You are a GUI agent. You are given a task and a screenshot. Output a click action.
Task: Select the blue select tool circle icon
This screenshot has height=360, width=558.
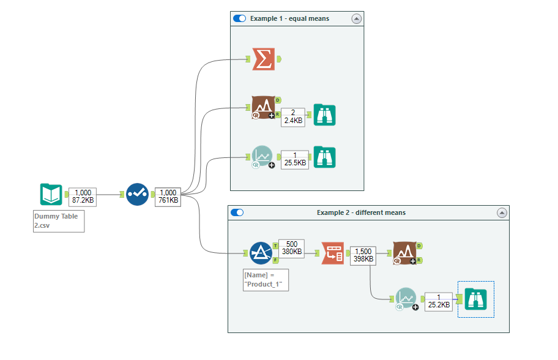(x=137, y=194)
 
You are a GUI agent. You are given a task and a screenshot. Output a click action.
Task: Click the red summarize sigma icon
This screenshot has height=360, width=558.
(x=263, y=59)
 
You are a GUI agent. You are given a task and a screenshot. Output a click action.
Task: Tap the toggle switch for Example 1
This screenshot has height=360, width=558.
(x=239, y=19)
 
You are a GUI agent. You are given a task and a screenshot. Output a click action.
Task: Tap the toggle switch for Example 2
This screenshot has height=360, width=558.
(x=237, y=212)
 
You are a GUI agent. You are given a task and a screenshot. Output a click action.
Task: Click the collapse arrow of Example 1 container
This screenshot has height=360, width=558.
(x=356, y=19)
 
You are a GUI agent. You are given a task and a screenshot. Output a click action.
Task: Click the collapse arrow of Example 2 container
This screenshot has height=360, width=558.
(x=502, y=212)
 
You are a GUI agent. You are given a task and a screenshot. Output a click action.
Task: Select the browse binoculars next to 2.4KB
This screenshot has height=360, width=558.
(x=324, y=115)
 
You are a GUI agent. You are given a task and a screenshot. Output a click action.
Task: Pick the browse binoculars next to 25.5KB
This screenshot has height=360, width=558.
(x=324, y=157)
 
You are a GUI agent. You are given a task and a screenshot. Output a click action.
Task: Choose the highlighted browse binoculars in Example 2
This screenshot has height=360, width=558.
(x=475, y=299)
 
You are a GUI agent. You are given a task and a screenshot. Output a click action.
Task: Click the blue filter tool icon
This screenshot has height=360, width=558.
(x=261, y=253)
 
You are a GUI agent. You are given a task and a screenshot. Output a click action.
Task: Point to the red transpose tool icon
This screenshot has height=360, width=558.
(x=333, y=253)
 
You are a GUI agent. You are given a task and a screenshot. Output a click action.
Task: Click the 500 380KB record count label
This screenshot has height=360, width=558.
(x=291, y=247)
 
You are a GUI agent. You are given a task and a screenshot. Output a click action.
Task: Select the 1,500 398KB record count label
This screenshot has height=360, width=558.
(x=363, y=255)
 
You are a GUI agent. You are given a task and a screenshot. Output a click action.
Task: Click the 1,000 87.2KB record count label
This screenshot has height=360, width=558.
(x=83, y=196)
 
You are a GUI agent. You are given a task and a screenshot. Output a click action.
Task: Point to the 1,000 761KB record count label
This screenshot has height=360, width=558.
(x=168, y=196)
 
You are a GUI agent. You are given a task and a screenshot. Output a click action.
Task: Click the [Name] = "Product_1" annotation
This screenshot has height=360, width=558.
(x=266, y=279)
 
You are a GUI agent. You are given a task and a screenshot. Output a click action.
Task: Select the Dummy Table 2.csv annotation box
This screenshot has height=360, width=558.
(x=59, y=221)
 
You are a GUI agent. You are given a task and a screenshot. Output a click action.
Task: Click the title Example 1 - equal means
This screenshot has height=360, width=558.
(x=289, y=19)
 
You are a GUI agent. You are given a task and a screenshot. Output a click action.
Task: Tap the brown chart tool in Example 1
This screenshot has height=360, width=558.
(x=262, y=107)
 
